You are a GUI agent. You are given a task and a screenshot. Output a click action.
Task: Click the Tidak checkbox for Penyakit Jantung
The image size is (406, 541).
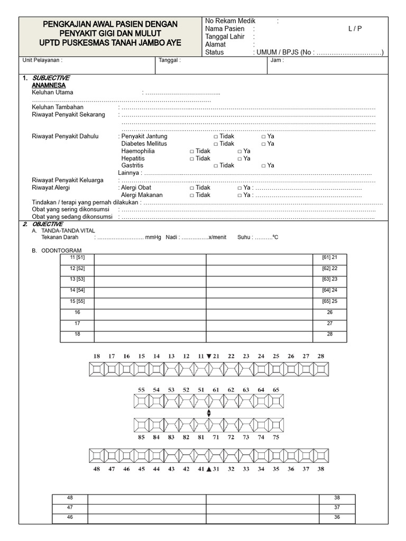(x=216, y=136)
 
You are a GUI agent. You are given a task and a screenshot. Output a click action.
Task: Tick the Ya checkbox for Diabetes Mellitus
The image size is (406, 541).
(x=263, y=144)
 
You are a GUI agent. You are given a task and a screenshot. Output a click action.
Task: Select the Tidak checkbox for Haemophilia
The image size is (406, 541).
(x=192, y=151)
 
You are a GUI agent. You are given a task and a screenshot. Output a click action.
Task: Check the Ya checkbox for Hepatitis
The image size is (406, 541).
(x=239, y=158)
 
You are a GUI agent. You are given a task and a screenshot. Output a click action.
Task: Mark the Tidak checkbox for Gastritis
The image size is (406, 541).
(x=216, y=166)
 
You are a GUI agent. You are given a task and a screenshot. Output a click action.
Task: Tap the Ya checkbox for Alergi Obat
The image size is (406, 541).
(x=239, y=188)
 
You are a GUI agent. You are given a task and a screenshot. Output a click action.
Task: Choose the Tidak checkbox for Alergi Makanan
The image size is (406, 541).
(x=192, y=195)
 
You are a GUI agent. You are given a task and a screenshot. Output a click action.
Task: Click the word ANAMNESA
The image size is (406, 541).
(x=49, y=85)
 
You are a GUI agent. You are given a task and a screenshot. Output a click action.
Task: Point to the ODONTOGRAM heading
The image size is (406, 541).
(x=61, y=250)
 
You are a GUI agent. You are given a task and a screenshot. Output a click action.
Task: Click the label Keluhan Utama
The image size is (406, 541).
(x=52, y=92)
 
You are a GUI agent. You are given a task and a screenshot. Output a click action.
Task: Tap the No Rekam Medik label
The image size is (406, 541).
(x=230, y=21)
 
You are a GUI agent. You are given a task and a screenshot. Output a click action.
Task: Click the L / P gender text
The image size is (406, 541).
(x=355, y=29)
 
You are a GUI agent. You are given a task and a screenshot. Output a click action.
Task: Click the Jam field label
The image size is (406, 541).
(x=277, y=60)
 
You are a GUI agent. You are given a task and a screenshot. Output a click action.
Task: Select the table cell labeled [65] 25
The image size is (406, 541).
(x=329, y=301)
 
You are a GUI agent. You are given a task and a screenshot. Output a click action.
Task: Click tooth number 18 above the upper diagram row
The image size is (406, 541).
(x=97, y=357)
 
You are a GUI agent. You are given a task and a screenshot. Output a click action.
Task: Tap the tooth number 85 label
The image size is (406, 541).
(x=141, y=437)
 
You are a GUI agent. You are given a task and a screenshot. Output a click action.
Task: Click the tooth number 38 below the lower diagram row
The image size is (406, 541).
(x=321, y=469)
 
